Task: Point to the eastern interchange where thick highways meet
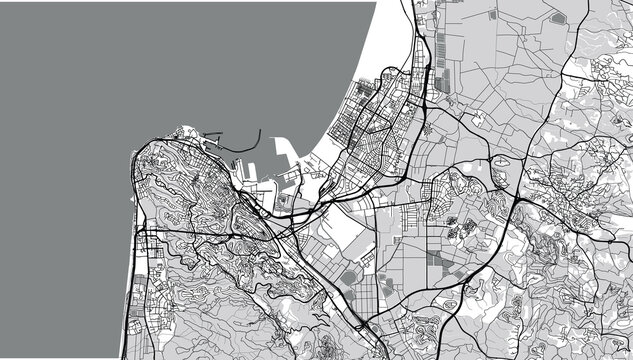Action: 514,201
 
